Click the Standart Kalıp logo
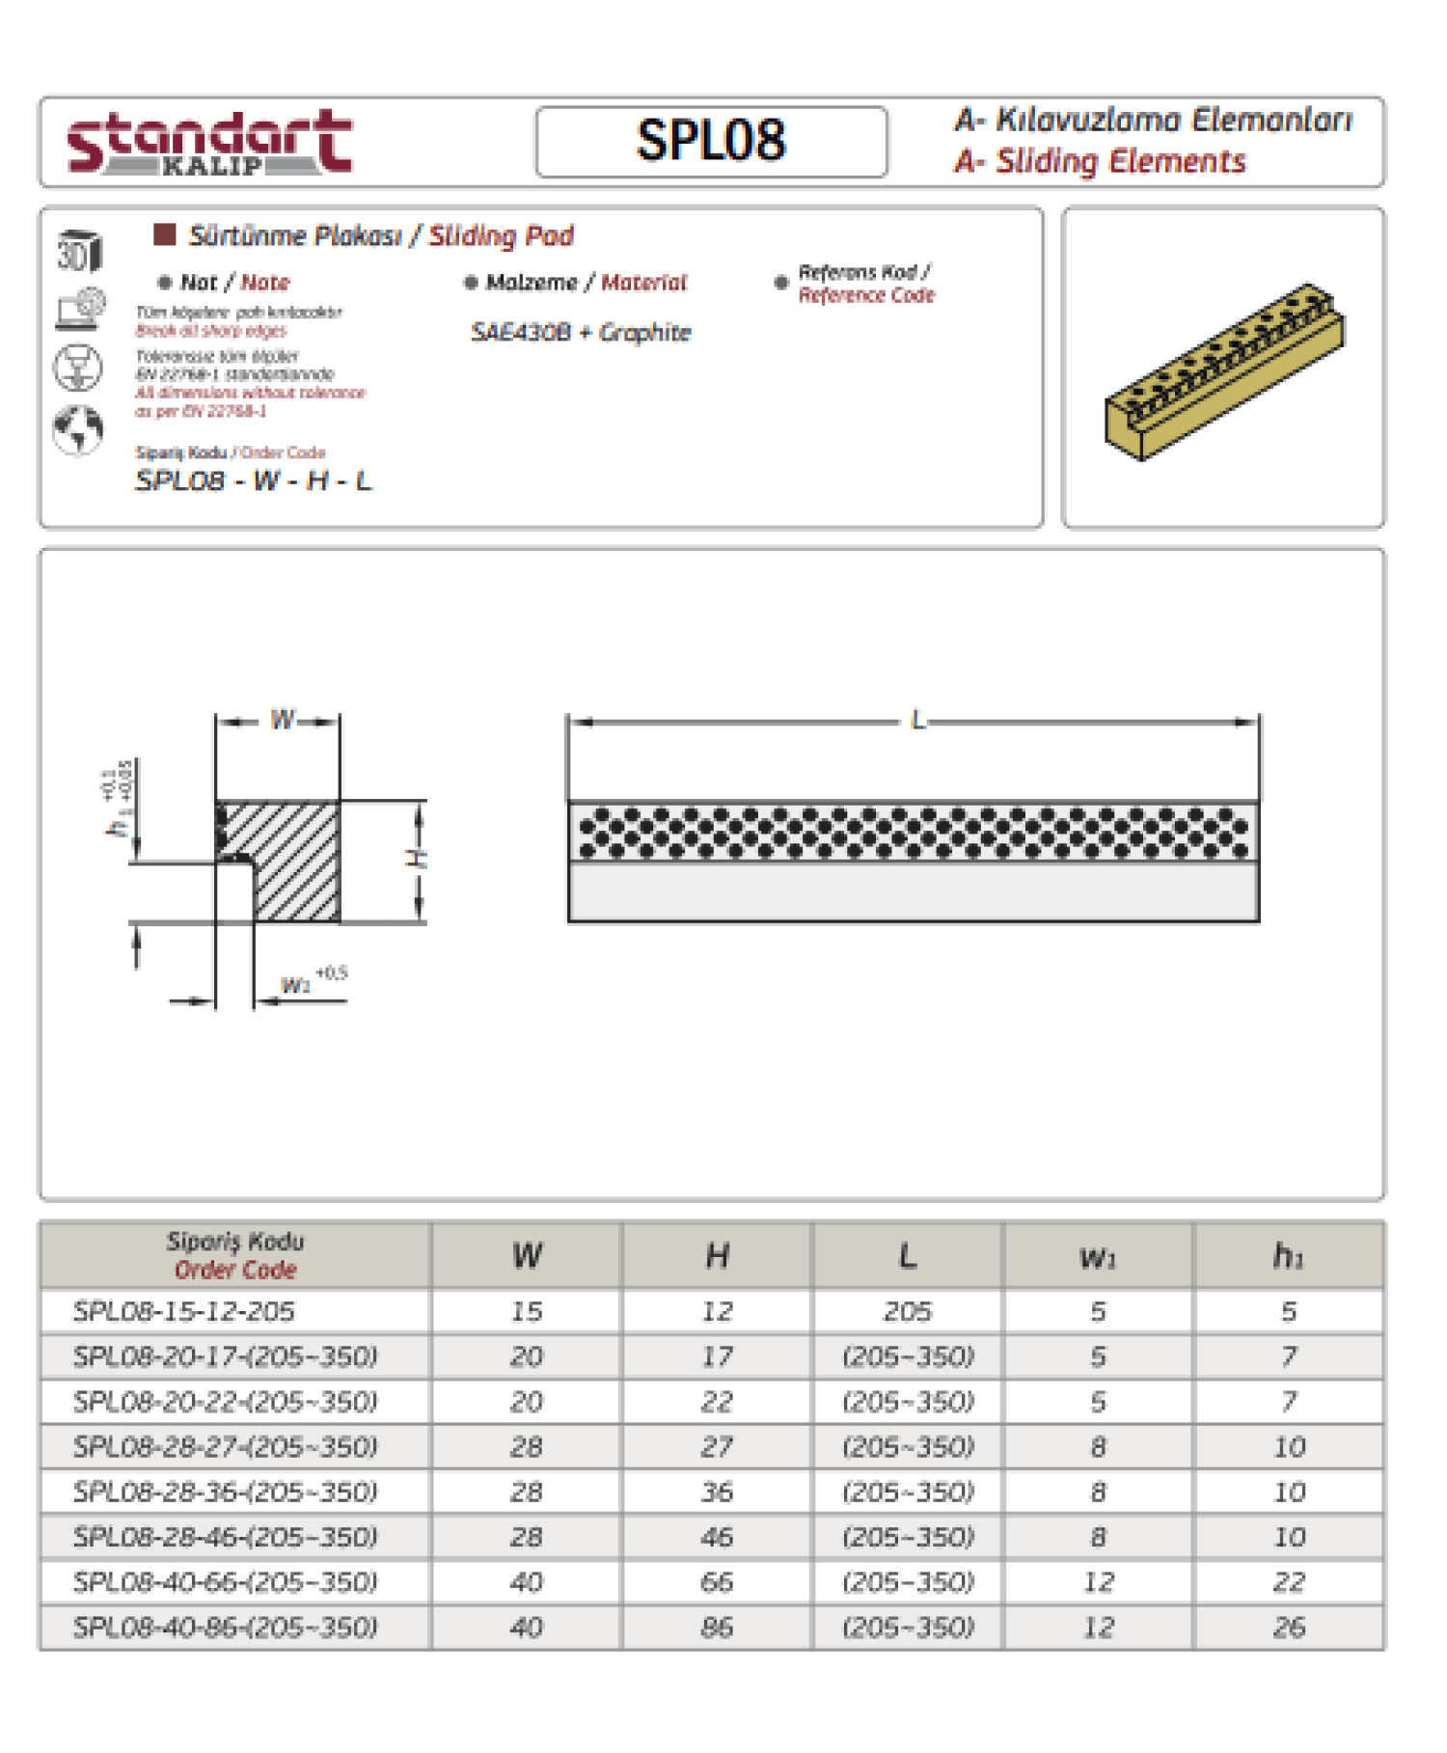point(209,143)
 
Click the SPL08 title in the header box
point(711,141)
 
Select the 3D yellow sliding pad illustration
point(1223,371)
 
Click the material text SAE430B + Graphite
point(581,333)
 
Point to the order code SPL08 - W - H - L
point(253,480)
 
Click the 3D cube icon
point(79,253)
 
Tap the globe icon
point(78,430)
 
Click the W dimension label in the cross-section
point(282,720)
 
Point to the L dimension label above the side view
point(917,721)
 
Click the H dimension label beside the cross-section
point(419,858)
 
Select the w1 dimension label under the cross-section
point(295,985)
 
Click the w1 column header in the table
point(1098,1257)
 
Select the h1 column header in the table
point(1288,1256)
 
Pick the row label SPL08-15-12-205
point(184,1311)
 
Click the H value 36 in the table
point(717,1492)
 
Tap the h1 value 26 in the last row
point(1288,1628)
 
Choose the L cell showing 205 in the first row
point(908,1311)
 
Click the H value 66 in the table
point(717,1582)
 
